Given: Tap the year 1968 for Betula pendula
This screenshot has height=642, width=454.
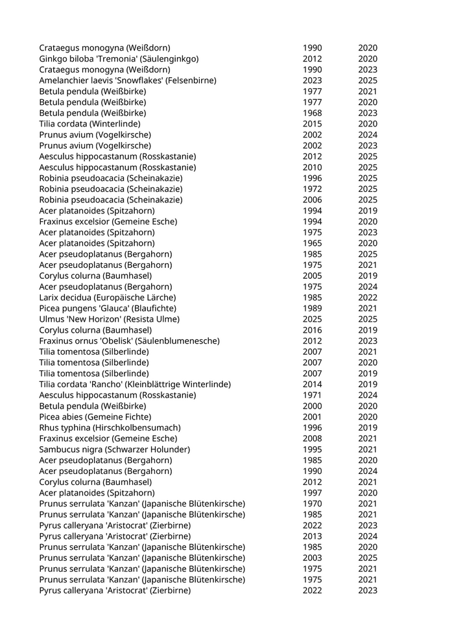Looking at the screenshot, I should (x=312, y=113).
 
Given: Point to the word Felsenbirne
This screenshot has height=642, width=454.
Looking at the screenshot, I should (x=189, y=80).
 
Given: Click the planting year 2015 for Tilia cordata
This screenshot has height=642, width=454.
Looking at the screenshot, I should (x=312, y=124).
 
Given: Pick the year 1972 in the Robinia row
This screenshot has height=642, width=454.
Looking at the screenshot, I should (x=312, y=189).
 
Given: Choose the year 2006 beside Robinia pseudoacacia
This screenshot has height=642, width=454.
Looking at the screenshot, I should (x=312, y=200).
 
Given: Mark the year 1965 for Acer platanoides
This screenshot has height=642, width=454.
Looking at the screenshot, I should (x=312, y=243).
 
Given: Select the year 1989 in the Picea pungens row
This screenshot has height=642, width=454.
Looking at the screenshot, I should (x=312, y=308).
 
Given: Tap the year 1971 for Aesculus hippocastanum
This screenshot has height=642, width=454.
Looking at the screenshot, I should (x=312, y=395).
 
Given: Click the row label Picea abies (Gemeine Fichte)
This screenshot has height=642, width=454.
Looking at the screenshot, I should (x=95, y=416).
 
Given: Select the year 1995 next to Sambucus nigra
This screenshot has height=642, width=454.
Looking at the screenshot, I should (x=312, y=449).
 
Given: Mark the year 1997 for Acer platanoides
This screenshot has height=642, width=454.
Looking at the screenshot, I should (x=312, y=493).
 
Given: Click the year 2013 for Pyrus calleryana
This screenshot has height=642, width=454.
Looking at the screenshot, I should (x=312, y=536).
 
